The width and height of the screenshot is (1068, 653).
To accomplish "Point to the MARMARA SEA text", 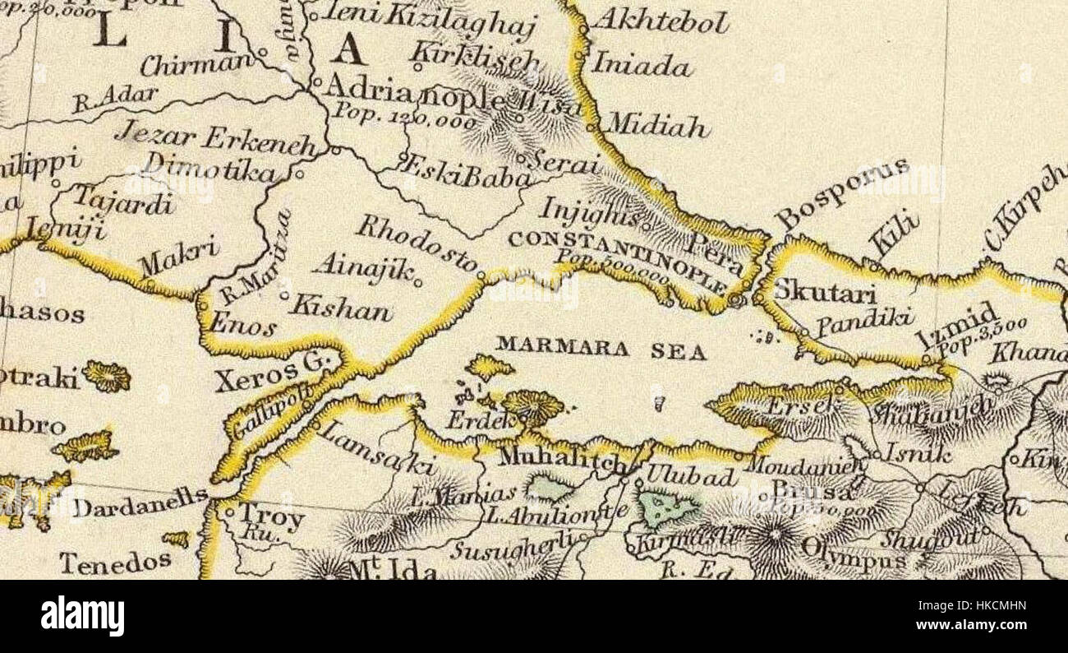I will coord(601,349).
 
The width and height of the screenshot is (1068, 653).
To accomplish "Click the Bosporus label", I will coord(843,193).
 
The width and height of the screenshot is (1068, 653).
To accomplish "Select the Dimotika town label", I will coord(210,168).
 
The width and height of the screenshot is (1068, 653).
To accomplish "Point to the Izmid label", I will coord(957,326).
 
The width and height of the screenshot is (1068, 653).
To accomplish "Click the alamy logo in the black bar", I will coord(83,616).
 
